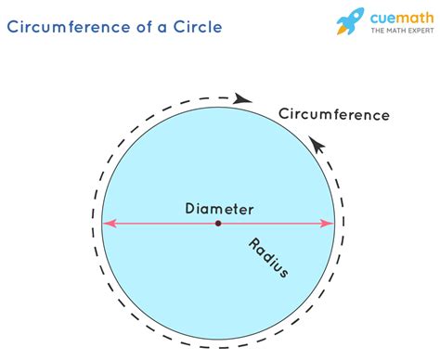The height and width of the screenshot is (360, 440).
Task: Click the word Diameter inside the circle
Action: [218, 210]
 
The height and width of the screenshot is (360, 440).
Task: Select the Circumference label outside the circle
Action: [333, 115]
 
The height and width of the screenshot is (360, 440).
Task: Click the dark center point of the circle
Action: [218, 224]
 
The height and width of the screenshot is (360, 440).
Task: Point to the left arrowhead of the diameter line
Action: [108, 224]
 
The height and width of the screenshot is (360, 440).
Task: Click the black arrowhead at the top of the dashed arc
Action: [244, 97]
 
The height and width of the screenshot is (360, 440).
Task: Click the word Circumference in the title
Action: [70, 26]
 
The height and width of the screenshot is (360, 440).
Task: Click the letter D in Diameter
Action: [189, 210]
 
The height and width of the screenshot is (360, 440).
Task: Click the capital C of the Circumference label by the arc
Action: [284, 115]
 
